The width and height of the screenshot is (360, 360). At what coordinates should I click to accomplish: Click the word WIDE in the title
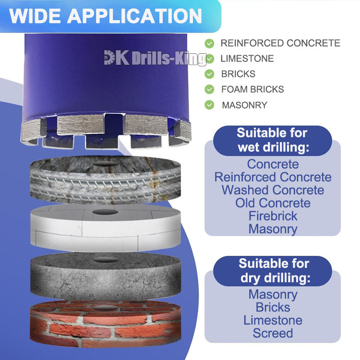[35, 15]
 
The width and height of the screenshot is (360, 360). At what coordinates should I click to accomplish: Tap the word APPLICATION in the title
[135, 15]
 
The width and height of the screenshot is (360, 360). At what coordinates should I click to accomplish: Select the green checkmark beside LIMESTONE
[209, 59]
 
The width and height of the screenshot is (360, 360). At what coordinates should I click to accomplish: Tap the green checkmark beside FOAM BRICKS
[209, 89]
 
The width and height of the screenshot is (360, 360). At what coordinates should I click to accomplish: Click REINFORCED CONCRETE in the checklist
[280, 43]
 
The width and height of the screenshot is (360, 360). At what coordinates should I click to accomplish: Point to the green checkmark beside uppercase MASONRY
[209, 105]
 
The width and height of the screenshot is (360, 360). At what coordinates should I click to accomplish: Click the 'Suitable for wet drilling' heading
[272, 140]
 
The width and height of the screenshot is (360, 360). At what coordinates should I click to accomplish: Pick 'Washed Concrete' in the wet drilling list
[273, 190]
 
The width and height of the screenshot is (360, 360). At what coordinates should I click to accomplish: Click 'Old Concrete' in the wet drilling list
[273, 203]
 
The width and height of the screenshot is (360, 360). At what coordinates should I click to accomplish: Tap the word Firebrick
[273, 216]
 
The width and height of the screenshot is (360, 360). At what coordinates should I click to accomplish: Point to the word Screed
[273, 333]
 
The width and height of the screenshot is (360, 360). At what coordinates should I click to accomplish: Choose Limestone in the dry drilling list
[273, 320]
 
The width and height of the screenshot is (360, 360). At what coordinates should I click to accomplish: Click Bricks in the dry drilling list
[273, 307]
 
